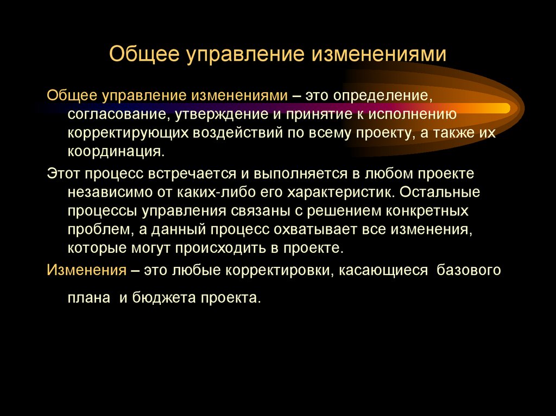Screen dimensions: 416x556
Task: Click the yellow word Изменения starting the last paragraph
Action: click(87, 270)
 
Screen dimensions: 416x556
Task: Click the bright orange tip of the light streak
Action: click(502, 107)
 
